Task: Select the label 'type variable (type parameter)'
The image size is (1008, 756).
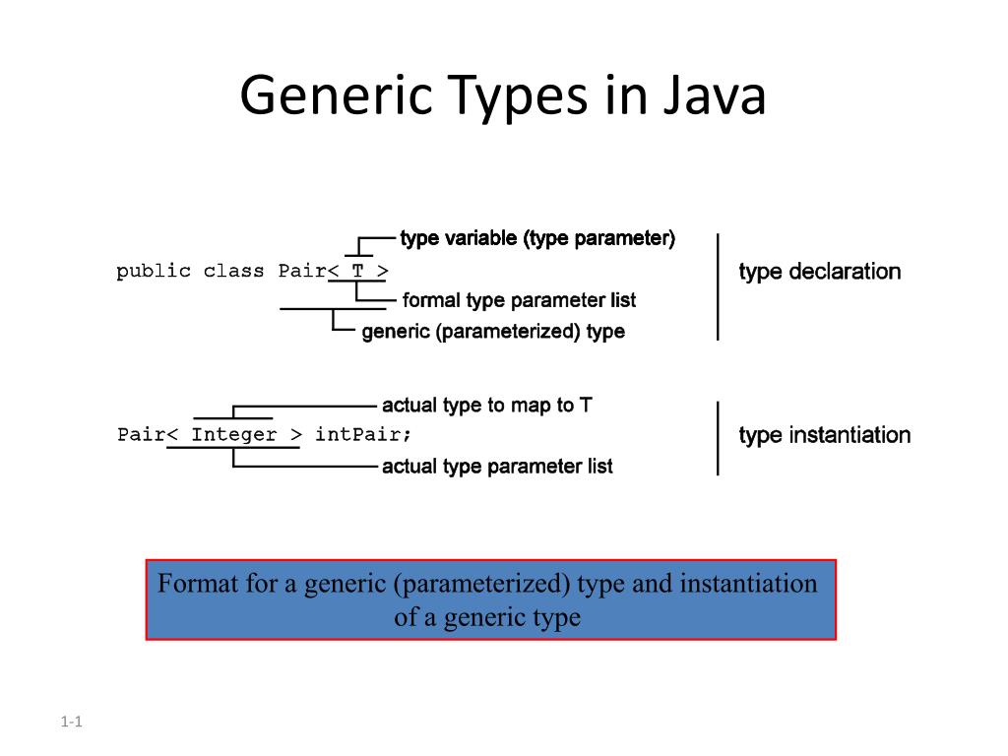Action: (537, 238)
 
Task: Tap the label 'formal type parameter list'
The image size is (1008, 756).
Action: (519, 300)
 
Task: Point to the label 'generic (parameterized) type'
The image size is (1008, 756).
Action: (493, 332)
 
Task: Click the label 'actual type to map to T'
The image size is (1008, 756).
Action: (486, 406)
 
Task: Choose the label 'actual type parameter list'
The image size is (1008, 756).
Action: (497, 467)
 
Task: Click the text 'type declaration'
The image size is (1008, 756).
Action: (819, 272)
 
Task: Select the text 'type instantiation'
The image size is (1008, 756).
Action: (824, 435)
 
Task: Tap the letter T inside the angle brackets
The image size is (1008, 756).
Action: (357, 272)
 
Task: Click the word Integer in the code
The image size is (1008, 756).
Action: (234, 435)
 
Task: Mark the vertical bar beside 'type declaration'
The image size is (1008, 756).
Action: (718, 286)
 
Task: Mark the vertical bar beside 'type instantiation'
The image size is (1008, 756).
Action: (718, 438)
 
